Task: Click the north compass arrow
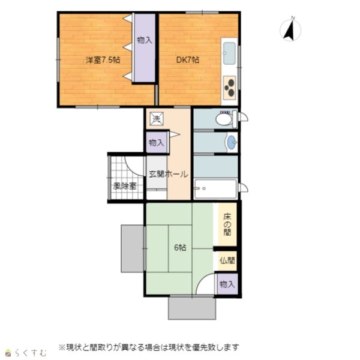click(x=290, y=30)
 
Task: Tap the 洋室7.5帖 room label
click(x=103, y=60)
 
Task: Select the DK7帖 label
click(x=188, y=60)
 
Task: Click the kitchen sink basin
click(x=229, y=53)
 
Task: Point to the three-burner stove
click(x=229, y=88)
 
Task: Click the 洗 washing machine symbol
click(x=157, y=119)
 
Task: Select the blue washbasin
click(x=231, y=142)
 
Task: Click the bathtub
click(x=215, y=189)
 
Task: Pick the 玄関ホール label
click(x=168, y=174)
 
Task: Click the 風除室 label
click(x=125, y=186)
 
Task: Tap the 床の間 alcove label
click(x=227, y=224)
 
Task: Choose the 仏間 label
click(x=227, y=260)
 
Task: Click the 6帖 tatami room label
click(x=180, y=248)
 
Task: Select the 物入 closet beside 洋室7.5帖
click(x=145, y=47)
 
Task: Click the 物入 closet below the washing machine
click(x=157, y=143)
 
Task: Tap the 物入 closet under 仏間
click(x=227, y=284)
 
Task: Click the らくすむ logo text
click(x=31, y=353)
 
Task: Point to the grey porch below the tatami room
click(x=192, y=308)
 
